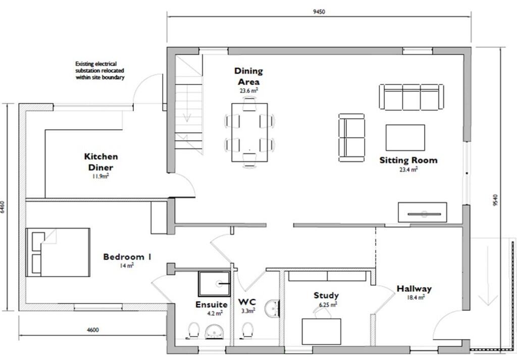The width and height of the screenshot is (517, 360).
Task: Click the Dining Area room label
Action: [x=248, y=76]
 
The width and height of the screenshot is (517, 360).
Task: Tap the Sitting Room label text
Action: [x=408, y=160]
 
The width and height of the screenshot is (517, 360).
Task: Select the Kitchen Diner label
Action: [x=101, y=162]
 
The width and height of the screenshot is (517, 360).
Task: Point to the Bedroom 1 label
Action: [x=127, y=257]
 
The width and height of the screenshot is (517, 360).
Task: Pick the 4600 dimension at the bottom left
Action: [x=92, y=330]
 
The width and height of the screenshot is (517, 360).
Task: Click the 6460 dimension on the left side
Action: [x=4, y=208]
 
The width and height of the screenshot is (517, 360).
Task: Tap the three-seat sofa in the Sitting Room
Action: [x=411, y=97]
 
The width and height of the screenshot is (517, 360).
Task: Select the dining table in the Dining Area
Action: [x=249, y=132]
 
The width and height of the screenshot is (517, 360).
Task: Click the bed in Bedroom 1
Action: [x=58, y=252]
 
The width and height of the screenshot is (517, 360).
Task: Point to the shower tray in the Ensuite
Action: [x=214, y=284]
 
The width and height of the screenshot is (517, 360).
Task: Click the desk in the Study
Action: [x=321, y=331]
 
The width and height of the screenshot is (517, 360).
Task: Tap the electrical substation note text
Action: [x=99, y=71]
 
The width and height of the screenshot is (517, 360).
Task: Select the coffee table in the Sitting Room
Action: [x=405, y=137]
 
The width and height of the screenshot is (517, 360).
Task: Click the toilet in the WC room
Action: [x=247, y=330]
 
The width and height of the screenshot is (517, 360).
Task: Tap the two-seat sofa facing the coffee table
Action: [x=351, y=137]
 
